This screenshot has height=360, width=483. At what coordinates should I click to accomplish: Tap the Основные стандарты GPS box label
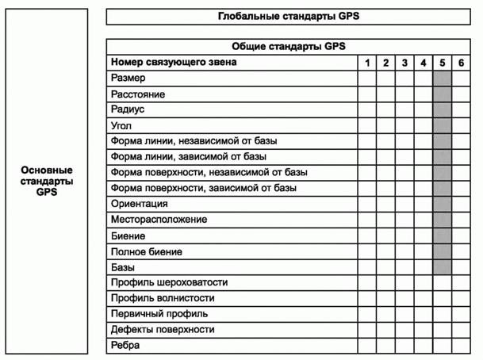pyautogui.click(x=47, y=181)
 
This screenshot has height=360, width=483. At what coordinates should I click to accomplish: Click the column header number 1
pyautogui.click(x=366, y=62)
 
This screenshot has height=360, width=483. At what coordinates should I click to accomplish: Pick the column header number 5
pyautogui.click(x=443, y=62)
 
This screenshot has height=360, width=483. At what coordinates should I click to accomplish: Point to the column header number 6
pyautogui.click(x=462, y=62)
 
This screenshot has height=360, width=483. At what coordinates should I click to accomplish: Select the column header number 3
pyautogui.click(x=404, y=62)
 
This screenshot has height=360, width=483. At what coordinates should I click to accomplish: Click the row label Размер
pyautogui.click(x=128, y=78)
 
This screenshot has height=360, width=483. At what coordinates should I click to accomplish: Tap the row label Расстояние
pyautogui.click(x=139, y=94)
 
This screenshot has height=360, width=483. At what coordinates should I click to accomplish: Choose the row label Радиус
pyautogui.click(x=128, y=109)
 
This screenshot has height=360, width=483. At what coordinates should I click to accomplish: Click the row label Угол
pyautogui.click(x=121, y=125)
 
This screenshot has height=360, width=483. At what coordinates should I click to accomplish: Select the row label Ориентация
pyautogui.click(x=140, y=204)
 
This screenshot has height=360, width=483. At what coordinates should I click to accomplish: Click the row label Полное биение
pyautogui.click(x=147, y=251)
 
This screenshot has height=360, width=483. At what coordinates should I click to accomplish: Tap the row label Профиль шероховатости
pyautogui.click(x=169, y=282)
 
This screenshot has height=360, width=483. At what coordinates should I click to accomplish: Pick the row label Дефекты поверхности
pyautogui.click(x=163, y=329)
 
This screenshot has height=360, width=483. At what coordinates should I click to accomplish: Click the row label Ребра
pyautogui.click(x=125, y=345)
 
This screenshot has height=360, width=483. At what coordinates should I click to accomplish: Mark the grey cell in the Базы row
pyautogui.click(x=443, y=267)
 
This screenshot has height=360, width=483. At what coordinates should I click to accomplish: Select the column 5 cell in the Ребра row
pyautogui.click(x=443, y=345)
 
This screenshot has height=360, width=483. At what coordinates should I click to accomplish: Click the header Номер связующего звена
pyautogui.click(x=174, y=62)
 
